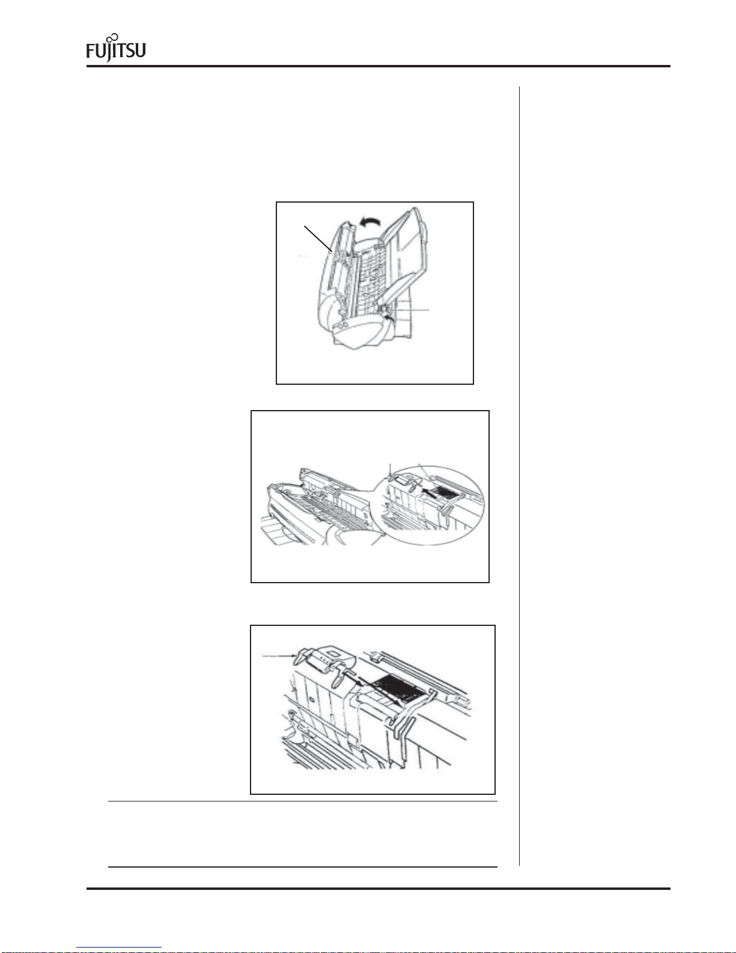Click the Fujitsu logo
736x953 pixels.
[115, 48]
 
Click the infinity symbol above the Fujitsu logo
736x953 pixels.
[112, 37]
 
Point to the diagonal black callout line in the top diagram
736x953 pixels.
[318, 239]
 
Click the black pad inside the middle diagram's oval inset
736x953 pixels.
[448, 492]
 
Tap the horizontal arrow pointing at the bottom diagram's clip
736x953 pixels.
[279, 655]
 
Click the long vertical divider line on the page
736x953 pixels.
[520, 476]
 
